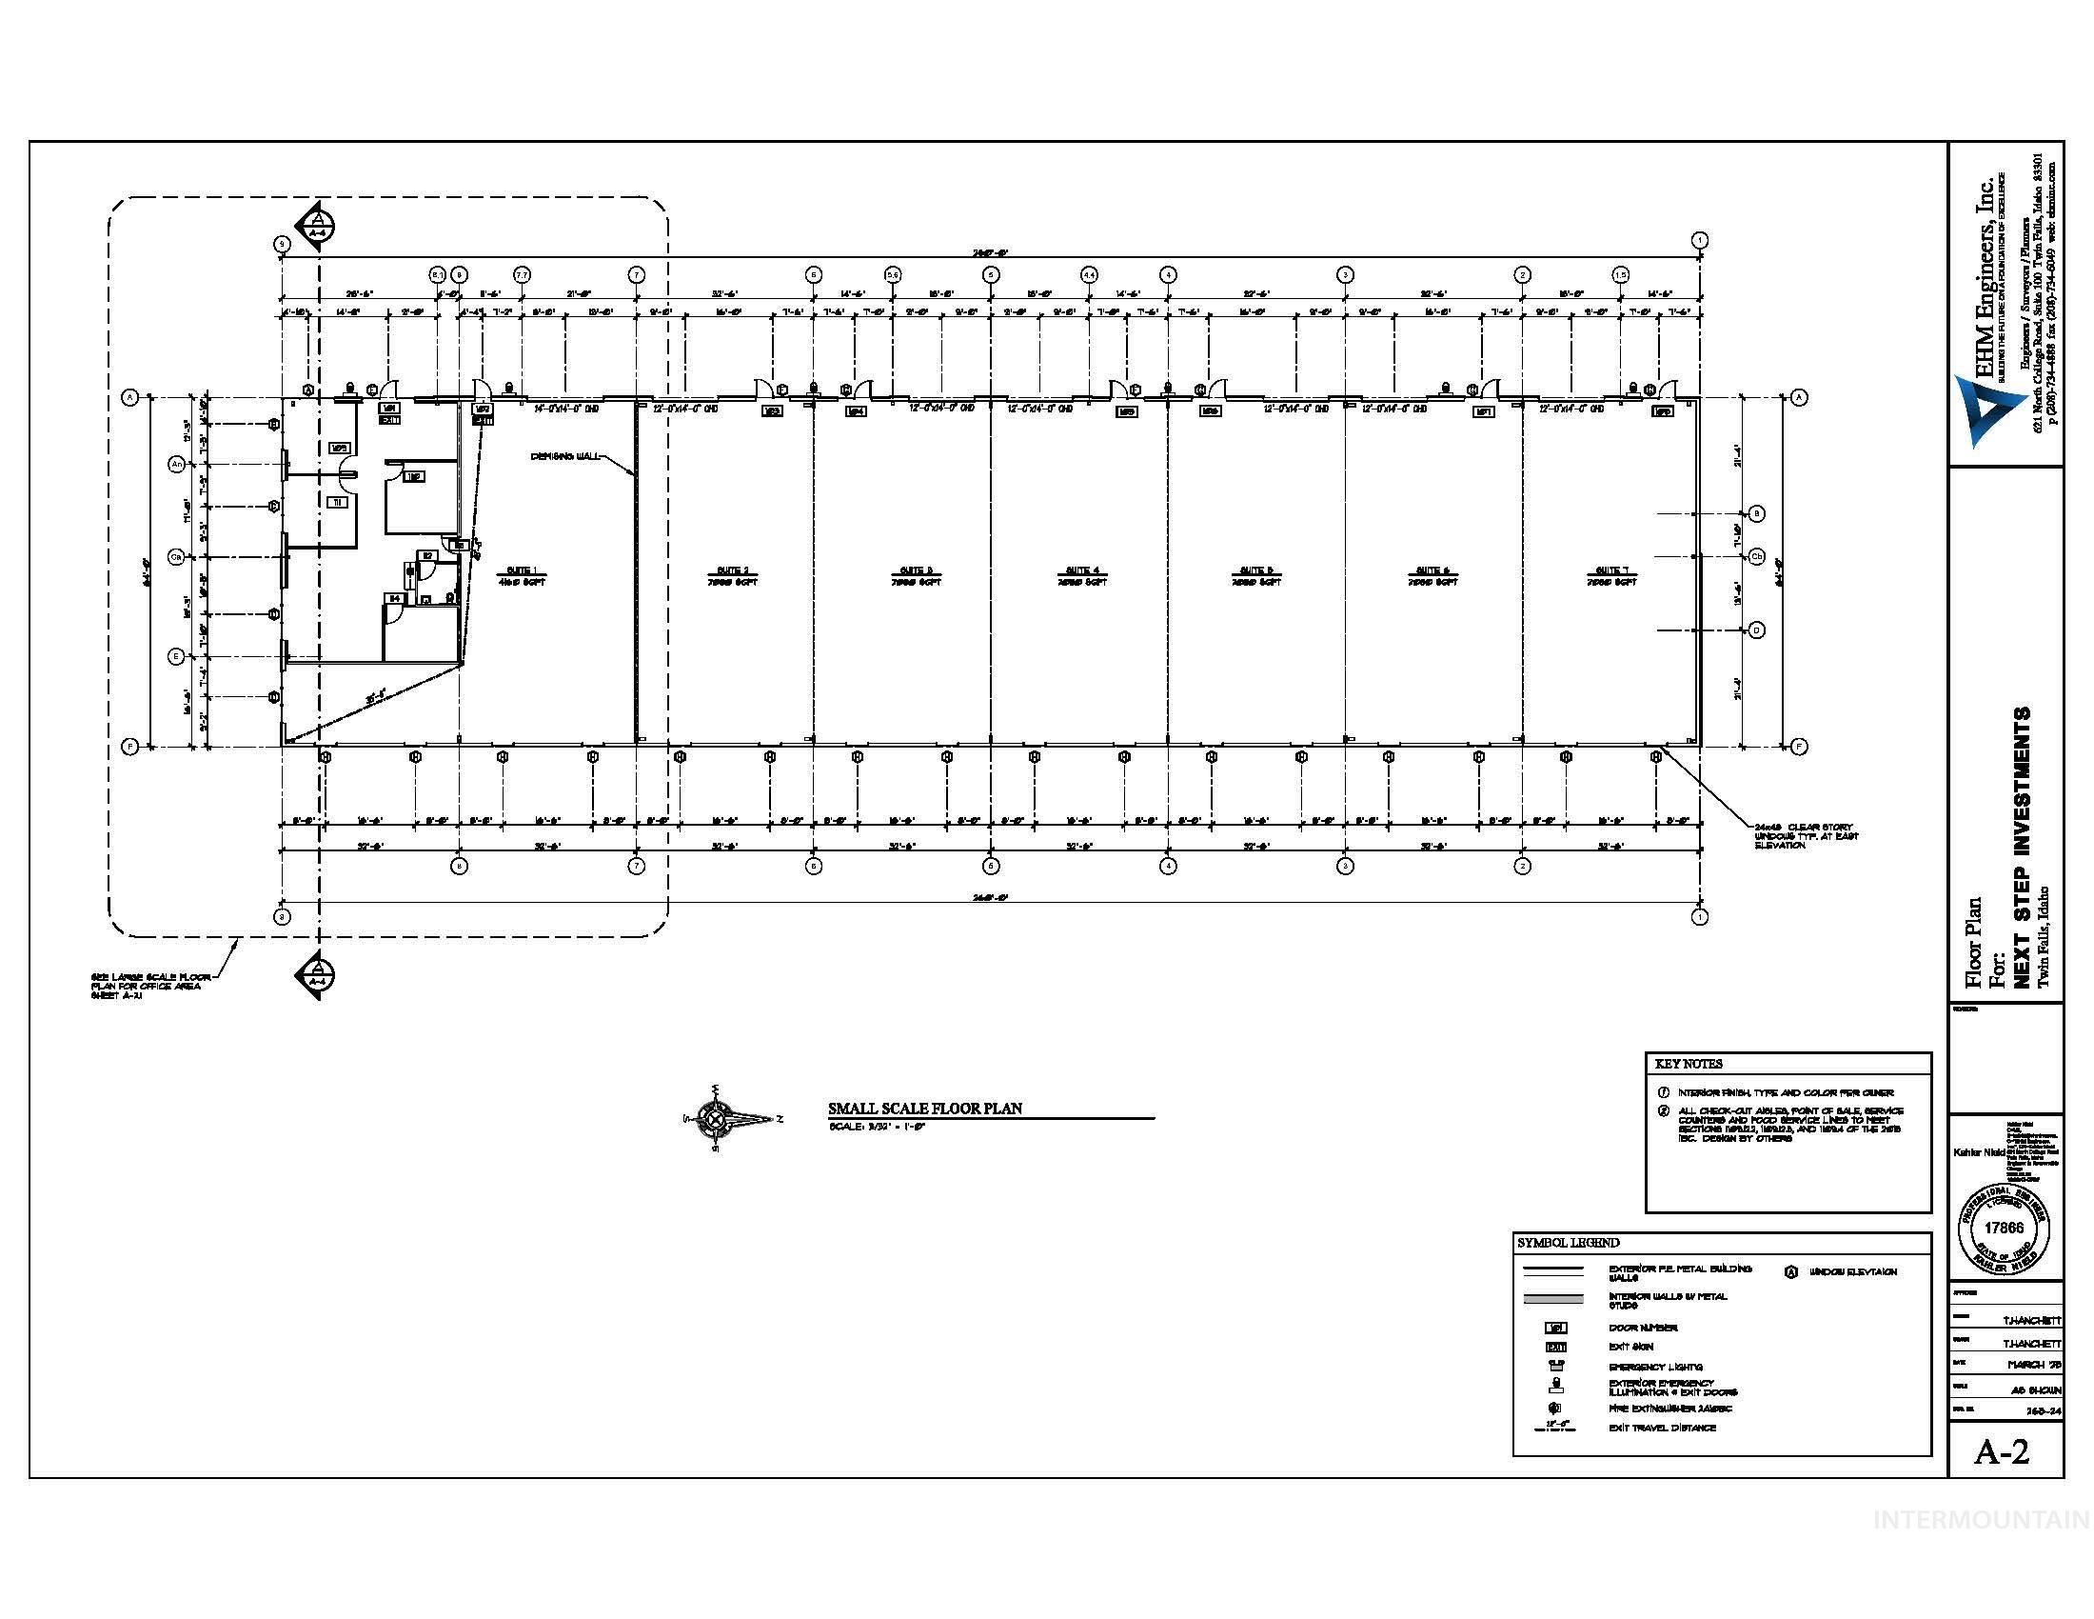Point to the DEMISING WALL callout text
coord(565,456)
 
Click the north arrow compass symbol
coord(714,1117)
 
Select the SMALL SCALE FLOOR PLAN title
coord(924,1109)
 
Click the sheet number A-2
coord(2002,1452)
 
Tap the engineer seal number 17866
coord(2004,1228)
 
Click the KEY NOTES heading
coord(1689,1064)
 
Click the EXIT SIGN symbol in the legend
coord(1556,1347)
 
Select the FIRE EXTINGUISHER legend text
coord(1669,1409)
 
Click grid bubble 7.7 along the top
coord(522,274)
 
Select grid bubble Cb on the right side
coord(1757,556)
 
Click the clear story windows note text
coord(1807,835)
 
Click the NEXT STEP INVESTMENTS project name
coord(2022,848)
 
